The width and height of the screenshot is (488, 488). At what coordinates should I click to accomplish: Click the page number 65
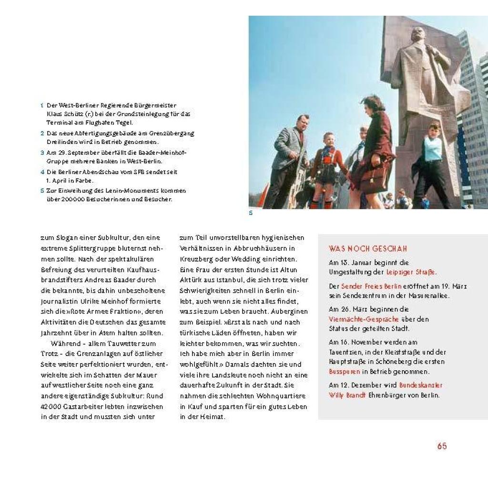(x=442, y=447)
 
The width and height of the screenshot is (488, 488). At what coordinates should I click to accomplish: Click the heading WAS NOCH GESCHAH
(x=367, y=249)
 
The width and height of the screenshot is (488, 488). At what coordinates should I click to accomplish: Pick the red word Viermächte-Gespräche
(x=357, y=319)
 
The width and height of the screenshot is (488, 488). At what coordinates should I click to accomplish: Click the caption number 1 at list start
(x=42, y=105)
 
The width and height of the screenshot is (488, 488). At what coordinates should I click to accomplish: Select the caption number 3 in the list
(x=42, y=152)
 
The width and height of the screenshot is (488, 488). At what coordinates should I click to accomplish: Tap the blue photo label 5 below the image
(x=251, y=213)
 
